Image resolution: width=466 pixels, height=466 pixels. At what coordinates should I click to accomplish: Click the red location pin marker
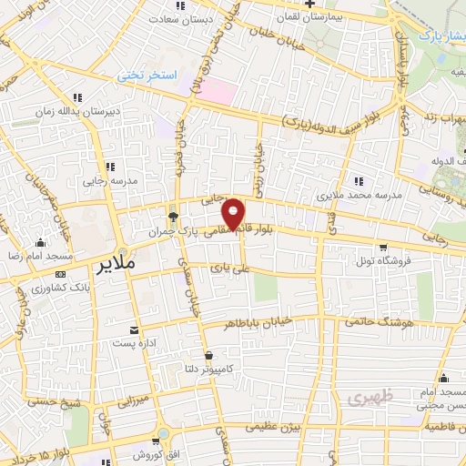click(x=234, y=214)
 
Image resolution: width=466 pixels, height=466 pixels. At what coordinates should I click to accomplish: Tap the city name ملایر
click(x=117, y=266)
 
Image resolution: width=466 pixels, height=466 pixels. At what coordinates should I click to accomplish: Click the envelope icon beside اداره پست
click(x=135, y=330)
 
